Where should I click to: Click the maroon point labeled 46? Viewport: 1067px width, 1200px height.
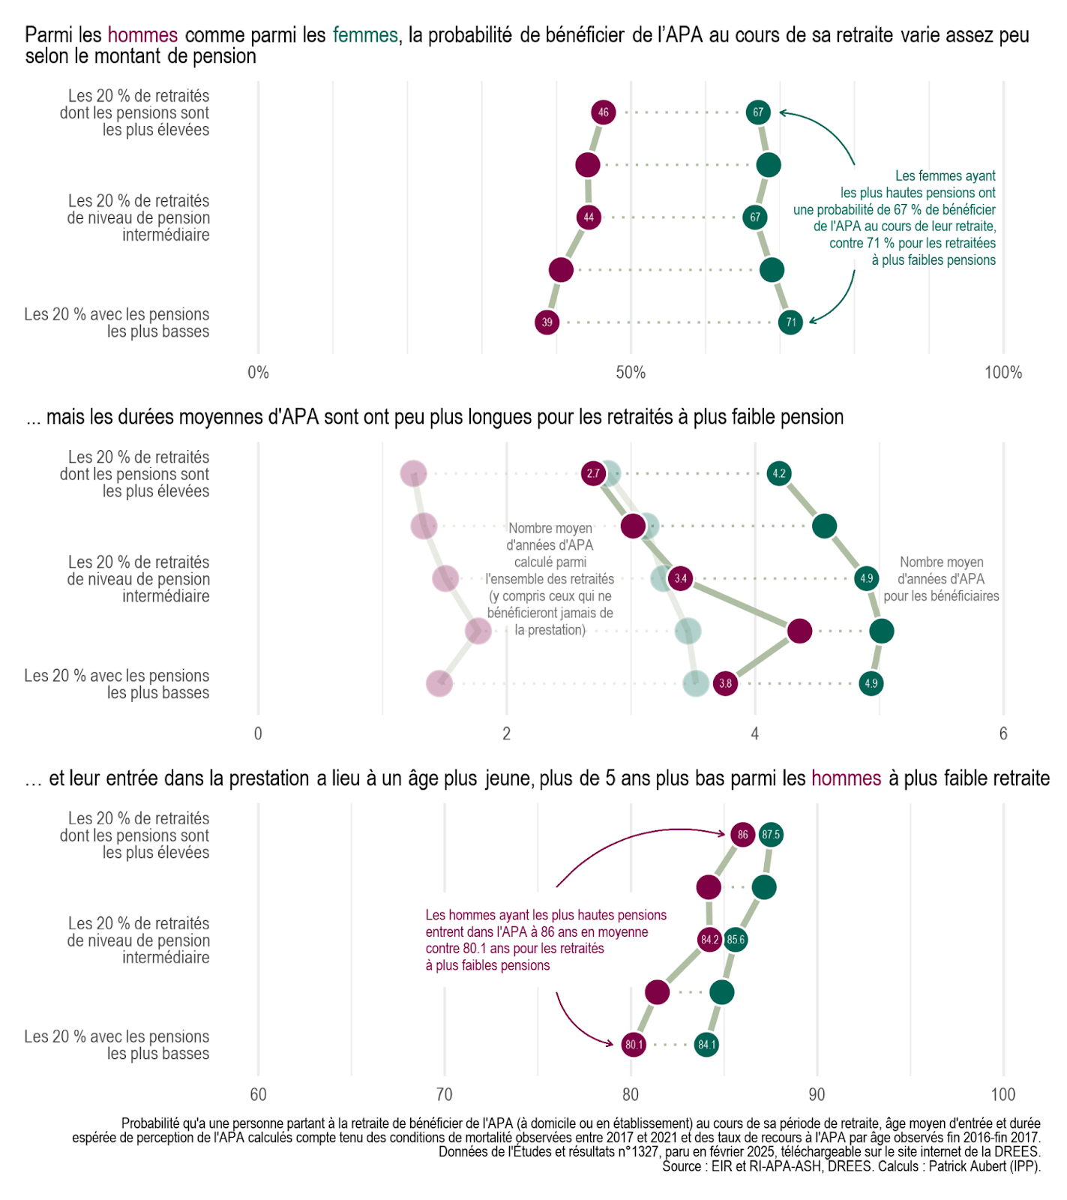pyautogui.click(x=604, y=112)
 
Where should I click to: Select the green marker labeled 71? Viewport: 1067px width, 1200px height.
pyautogui.click(x=791, y=322)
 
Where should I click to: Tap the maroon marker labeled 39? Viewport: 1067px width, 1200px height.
pyautogui.click(x=547, y=322)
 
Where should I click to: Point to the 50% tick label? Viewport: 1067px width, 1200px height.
pyautogui.click(x=631, y=373)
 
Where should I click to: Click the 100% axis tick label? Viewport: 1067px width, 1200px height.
pyautogui.click(x=1003, y=373)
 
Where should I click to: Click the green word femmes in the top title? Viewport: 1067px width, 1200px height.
pyautogui.click(x=365, y=35)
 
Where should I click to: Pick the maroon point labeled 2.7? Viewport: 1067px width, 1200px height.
pyautogui.click(x=593, y=473)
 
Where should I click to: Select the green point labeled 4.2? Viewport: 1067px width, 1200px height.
pyautogui.click(x=779, y=473)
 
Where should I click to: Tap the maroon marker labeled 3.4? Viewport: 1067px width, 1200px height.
pyautogui.click(x=680, y=578)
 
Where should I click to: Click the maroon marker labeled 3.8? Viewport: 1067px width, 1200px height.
pyautogui.click(x=725, y=683)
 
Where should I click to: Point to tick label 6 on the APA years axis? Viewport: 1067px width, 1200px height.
pyautogui.click(x=1003, y=733)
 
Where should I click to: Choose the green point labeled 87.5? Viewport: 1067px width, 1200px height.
pyautogui.click(x=771, y=835)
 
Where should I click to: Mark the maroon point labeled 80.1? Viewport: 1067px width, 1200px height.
pyautogui.click(x=634, y=1045)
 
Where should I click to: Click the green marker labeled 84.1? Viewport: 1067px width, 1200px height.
pyautogui.click(x=706, y=1045)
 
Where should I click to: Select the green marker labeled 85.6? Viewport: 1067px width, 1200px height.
pyautogui.click(x=736, y=940)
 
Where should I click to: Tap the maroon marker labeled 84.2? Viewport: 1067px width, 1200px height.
pyautogui.click(x=709, y=940)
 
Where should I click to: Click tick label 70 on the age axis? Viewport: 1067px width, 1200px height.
pyautogui.click(x=445, y=1094)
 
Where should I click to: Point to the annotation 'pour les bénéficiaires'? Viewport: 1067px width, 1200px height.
pyautogui.click(x=941, y=596)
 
